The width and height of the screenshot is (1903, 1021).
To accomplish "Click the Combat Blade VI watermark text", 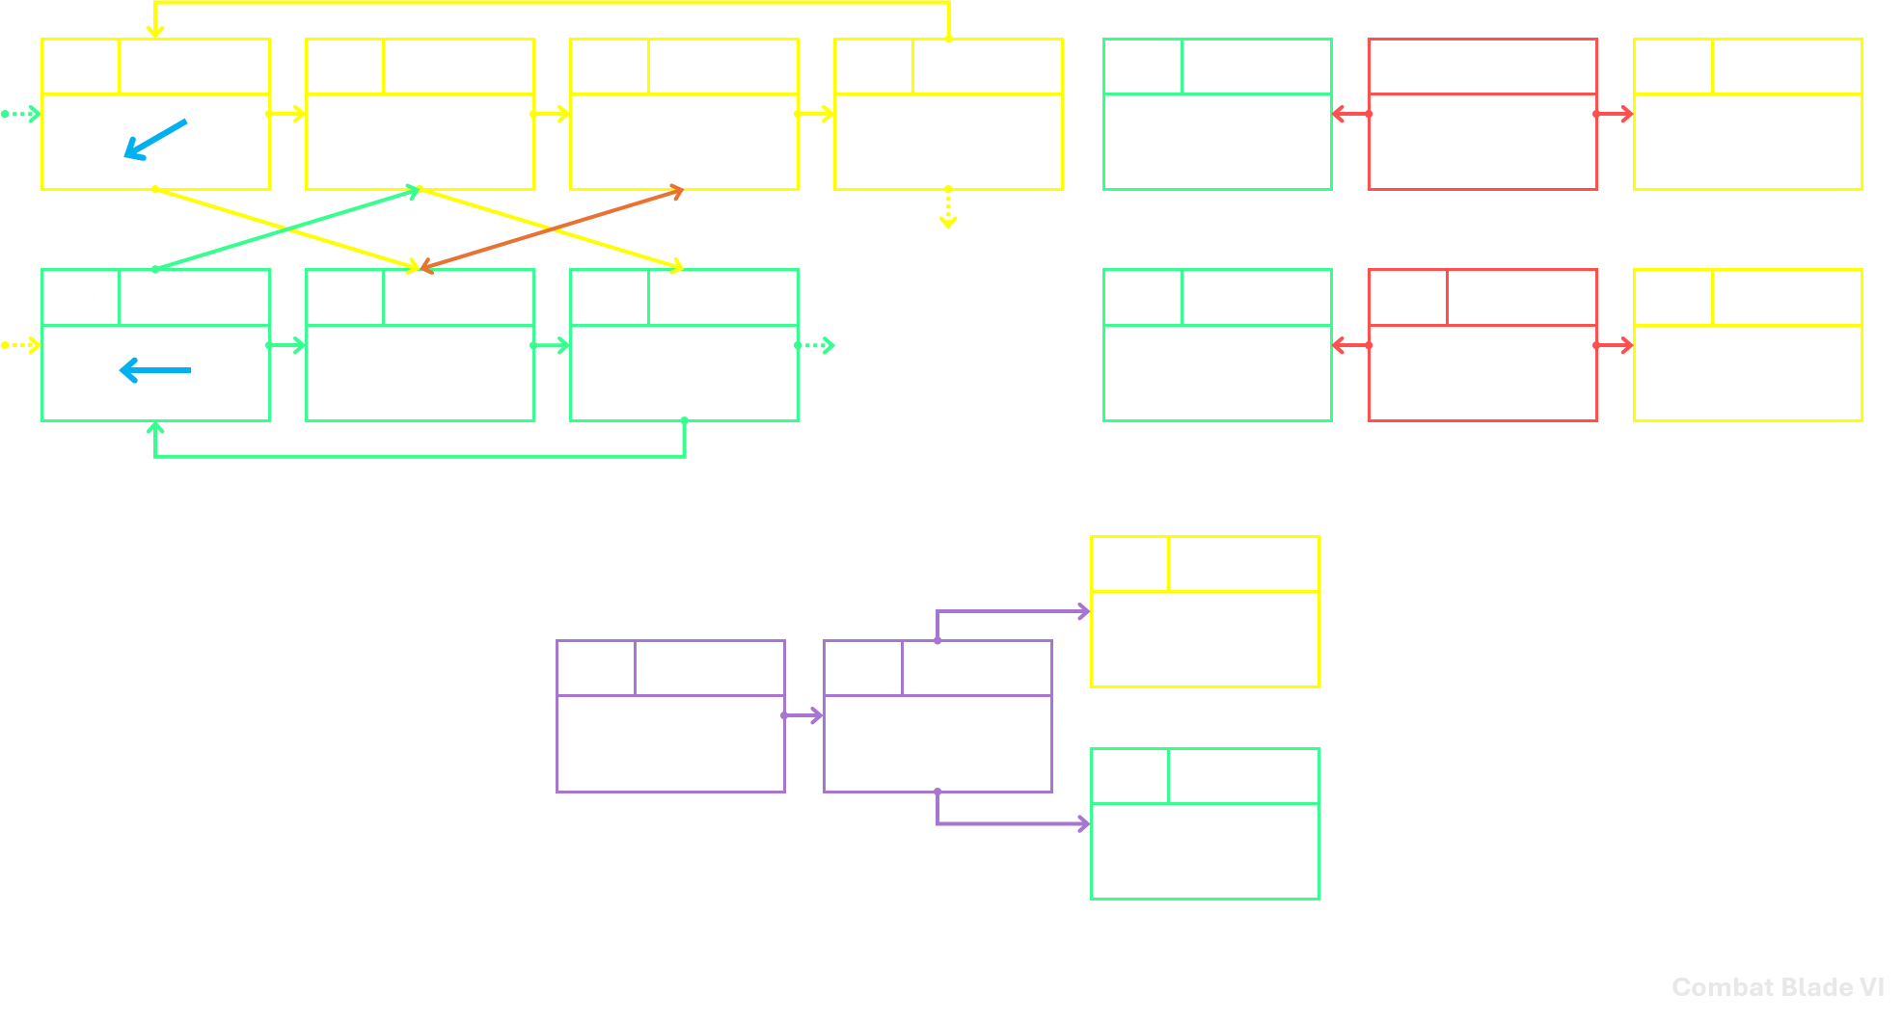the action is coord(1778,987).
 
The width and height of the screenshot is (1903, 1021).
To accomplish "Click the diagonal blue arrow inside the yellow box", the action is coord(155,139).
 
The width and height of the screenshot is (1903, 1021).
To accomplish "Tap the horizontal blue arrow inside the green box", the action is coord(154,370).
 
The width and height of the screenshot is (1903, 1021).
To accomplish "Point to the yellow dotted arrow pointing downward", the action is coord(948,208).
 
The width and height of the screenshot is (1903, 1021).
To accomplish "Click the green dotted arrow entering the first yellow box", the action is coord(20,114).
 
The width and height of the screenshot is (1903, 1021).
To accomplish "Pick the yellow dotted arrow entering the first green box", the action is coord(20,345).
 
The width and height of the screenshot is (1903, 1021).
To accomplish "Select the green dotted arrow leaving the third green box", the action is coord(816,345).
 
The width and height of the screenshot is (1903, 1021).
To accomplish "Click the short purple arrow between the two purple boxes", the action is coord(802,715).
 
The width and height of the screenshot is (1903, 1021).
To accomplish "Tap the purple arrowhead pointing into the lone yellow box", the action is coord(1084,611).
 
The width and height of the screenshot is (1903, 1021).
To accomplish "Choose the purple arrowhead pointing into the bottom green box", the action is coord(1084,824).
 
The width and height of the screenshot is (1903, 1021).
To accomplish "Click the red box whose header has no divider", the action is coord(1482,114).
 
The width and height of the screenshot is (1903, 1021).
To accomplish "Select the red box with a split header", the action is coord(1482,345).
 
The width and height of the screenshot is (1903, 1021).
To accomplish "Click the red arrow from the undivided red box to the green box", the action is coord(1350,114).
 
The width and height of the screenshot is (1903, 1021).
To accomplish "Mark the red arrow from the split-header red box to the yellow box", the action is coord(1615,345).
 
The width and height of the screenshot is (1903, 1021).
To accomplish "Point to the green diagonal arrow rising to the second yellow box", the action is coord(287,229).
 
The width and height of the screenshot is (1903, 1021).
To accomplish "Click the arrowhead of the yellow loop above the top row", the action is coord(155,33).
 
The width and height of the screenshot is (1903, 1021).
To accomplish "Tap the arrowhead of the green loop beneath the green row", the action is coord(155,427).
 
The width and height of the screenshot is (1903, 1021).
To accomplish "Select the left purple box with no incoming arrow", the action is coord(670,716).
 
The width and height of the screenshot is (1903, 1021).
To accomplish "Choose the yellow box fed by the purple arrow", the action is coord(1205,611).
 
